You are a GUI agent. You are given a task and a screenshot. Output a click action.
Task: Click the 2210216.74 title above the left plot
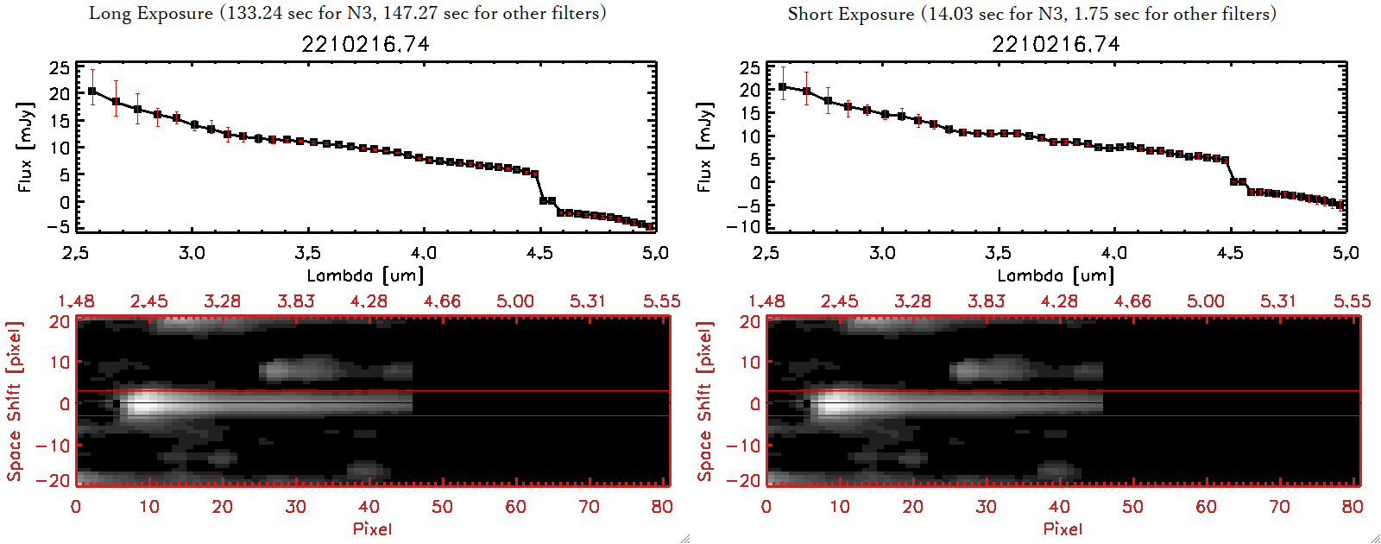point(365,44)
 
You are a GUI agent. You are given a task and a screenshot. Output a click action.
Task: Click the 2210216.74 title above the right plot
point(1056,44)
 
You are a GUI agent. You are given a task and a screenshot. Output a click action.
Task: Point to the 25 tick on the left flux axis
point(60,67)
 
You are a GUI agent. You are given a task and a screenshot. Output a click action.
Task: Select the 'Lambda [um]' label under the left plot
point(365,275)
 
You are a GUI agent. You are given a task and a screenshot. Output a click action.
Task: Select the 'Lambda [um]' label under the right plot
point(1056,275)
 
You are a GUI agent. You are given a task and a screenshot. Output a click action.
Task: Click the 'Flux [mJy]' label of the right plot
point(704,147)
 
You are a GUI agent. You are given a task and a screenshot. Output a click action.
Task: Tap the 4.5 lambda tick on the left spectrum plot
point(539,253)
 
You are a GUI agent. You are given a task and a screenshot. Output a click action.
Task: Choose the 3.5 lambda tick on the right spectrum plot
point(998,253)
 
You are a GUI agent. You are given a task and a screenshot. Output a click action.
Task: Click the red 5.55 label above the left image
point(661,301)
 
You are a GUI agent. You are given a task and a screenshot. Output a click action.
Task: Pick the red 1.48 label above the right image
point(766,301)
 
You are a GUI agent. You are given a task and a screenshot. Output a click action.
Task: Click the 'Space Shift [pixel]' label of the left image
point(14,402)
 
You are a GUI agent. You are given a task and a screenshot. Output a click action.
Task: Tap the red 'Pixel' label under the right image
point(1063,528)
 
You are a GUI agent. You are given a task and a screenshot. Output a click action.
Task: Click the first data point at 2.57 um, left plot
point(92,91)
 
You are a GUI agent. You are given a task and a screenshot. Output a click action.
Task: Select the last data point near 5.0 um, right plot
point(1341,206)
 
